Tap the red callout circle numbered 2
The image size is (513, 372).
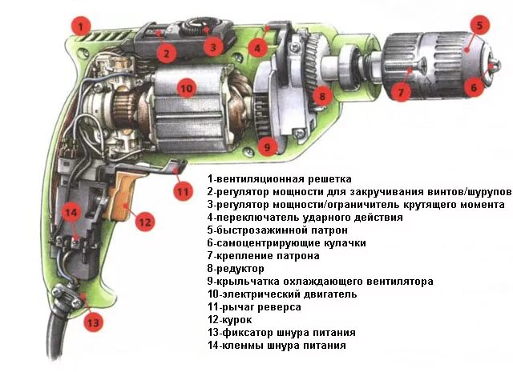point(165,54)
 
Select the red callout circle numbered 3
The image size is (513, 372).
point(212,47)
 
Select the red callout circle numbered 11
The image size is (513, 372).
point(183,191)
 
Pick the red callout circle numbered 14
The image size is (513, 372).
point(72,213)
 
